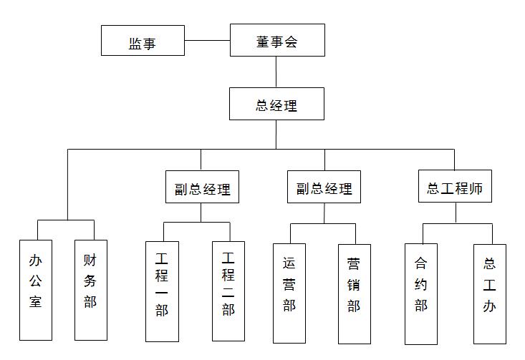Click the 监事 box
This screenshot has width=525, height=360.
tap(143, 41)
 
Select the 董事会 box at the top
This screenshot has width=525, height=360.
tap(276, 40)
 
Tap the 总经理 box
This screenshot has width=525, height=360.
tap(276, 104)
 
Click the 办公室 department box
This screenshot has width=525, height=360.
tap(36, 290)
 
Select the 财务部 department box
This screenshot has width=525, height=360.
tap(90, 290)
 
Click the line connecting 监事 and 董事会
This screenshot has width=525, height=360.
tap(207, 41)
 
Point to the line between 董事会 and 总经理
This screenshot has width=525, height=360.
tap(276, 72)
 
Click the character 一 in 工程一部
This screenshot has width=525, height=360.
tap(162, 292)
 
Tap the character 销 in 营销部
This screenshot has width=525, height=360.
tap(354, 284)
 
